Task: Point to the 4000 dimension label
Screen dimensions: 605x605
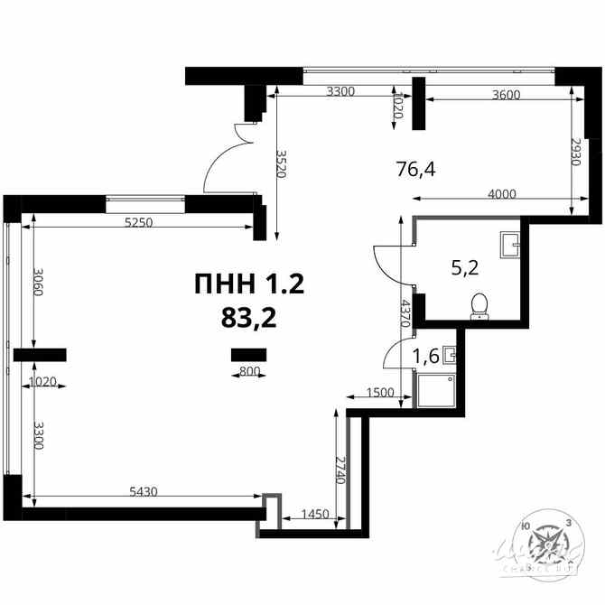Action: point(502,193)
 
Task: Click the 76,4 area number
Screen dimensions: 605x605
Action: point(415,167)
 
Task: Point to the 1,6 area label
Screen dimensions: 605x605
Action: point(425,356)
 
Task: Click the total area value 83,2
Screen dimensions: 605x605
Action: point(248,317)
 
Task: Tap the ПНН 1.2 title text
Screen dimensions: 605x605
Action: point(248,285)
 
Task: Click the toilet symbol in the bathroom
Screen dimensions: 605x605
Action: point(480,306)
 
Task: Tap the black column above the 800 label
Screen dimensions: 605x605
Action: point(243,353)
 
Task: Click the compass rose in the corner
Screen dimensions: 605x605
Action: point(546,544)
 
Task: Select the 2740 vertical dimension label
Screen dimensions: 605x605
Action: point(340,470)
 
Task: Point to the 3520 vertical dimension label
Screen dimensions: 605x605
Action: point(281,163)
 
